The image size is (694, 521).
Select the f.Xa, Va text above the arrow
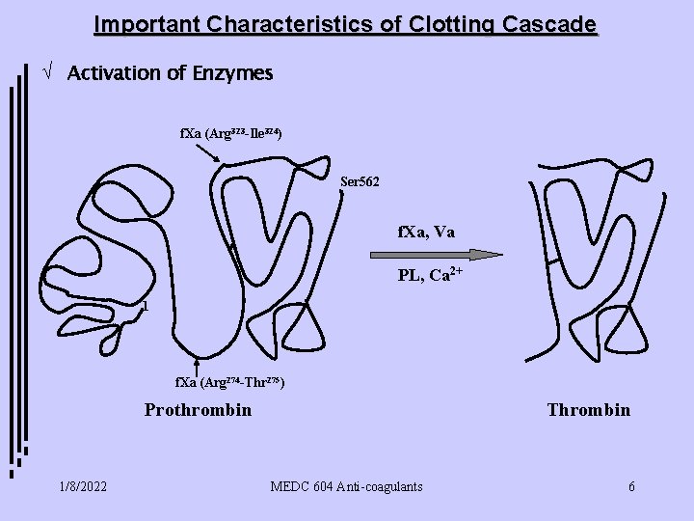[427, 232]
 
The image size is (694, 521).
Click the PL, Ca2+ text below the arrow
[431, 276]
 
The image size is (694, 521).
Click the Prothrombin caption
[198, 410]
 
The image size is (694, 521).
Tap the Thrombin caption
[588, 410]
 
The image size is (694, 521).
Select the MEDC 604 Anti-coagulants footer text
[347, 486]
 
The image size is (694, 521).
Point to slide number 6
[631, 486]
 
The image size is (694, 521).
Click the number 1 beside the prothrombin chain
[144, 308]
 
